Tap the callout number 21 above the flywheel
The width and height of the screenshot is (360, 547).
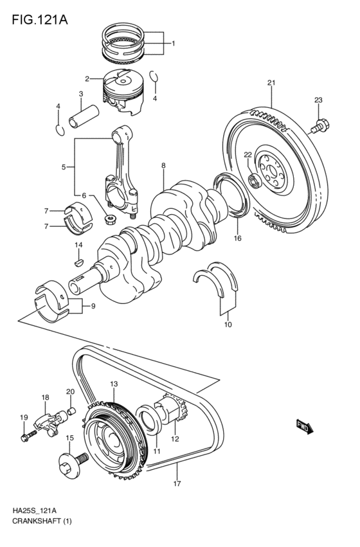coord(271,83)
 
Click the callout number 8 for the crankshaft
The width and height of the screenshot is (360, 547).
coord(163,166)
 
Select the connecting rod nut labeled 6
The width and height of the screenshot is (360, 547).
coord(111,220)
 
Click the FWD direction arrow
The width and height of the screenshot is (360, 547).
coord(305,425)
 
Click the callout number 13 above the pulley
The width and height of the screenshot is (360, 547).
coord(113,384)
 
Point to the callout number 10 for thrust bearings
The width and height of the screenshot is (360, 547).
coord(227,325)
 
